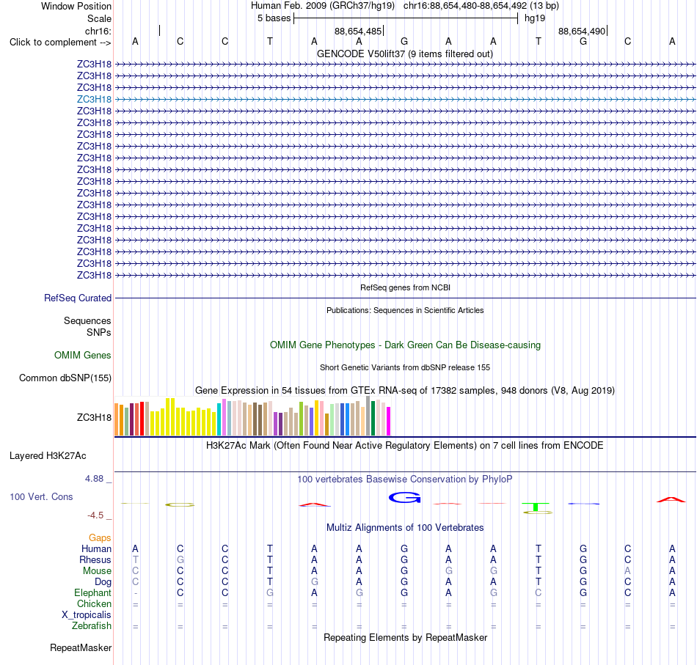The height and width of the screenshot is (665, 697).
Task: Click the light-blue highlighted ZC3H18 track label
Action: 94,99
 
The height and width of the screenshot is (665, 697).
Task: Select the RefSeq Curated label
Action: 78,298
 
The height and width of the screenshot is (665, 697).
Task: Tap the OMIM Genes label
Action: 83,356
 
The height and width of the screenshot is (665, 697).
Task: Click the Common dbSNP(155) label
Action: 65,378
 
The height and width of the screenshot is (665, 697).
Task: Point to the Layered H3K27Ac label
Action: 48,456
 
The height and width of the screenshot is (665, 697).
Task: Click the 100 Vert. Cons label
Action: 41,496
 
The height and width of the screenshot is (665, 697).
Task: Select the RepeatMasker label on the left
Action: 81,647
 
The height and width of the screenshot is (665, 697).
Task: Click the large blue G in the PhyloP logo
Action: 404,498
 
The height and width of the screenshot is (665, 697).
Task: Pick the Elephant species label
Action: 93,593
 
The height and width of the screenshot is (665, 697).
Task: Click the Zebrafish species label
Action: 92,626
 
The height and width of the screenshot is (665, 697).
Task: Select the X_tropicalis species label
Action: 87,615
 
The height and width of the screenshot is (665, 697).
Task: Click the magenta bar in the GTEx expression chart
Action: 389,421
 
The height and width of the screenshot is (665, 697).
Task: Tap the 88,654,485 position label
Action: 358,31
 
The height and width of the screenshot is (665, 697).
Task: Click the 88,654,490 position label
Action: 582,31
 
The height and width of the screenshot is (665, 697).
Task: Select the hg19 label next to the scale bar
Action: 535,18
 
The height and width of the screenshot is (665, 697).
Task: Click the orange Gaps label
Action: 100,538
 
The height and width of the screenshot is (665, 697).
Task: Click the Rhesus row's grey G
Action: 180,559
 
